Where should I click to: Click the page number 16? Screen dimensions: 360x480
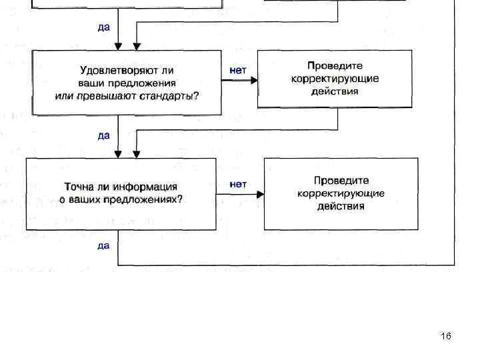point(446,336)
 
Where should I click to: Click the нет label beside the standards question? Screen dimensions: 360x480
point(238,69)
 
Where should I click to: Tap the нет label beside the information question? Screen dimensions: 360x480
point(238,183)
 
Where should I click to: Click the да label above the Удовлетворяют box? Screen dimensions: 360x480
point(104,28)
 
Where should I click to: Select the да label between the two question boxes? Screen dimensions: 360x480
point(104,136)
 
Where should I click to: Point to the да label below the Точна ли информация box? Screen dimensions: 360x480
point(104,246)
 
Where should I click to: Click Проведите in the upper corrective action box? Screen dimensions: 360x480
point(335,66)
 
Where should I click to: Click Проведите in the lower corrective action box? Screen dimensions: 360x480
point(341,180)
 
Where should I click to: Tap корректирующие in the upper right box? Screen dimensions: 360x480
point(335,79)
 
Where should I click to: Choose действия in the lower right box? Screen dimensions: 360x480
point(341,206)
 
